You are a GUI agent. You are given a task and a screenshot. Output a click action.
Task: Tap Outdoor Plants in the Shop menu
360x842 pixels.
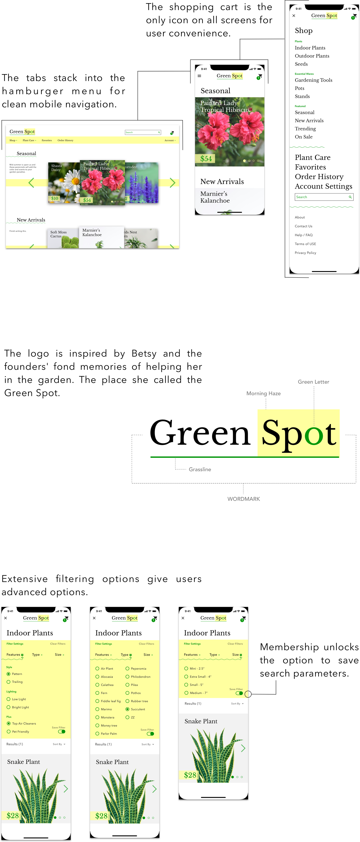312,56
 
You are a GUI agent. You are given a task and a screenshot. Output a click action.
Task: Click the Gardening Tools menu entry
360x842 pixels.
313,80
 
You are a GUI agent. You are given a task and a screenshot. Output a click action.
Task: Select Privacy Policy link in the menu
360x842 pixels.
305,253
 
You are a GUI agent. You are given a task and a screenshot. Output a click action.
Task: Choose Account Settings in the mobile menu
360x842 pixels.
323,186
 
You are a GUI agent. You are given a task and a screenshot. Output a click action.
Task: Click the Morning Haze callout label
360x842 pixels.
263,393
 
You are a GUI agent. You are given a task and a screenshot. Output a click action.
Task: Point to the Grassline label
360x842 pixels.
200,469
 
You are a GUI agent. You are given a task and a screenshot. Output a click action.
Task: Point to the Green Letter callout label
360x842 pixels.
313,382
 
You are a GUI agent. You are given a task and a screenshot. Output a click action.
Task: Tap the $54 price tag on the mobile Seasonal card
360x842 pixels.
206,159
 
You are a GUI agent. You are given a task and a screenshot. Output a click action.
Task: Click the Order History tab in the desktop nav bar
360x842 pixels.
65,140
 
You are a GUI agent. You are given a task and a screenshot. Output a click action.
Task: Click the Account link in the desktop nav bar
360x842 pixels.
169,140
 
